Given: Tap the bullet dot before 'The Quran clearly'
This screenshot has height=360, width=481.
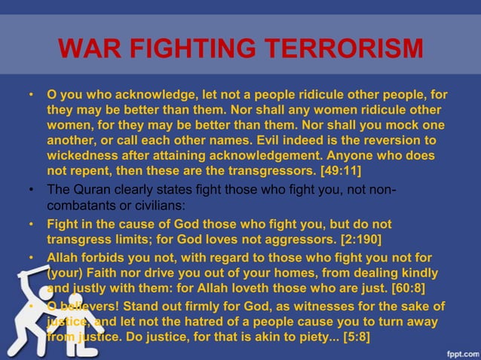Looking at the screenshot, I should (x=32, y=189).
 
